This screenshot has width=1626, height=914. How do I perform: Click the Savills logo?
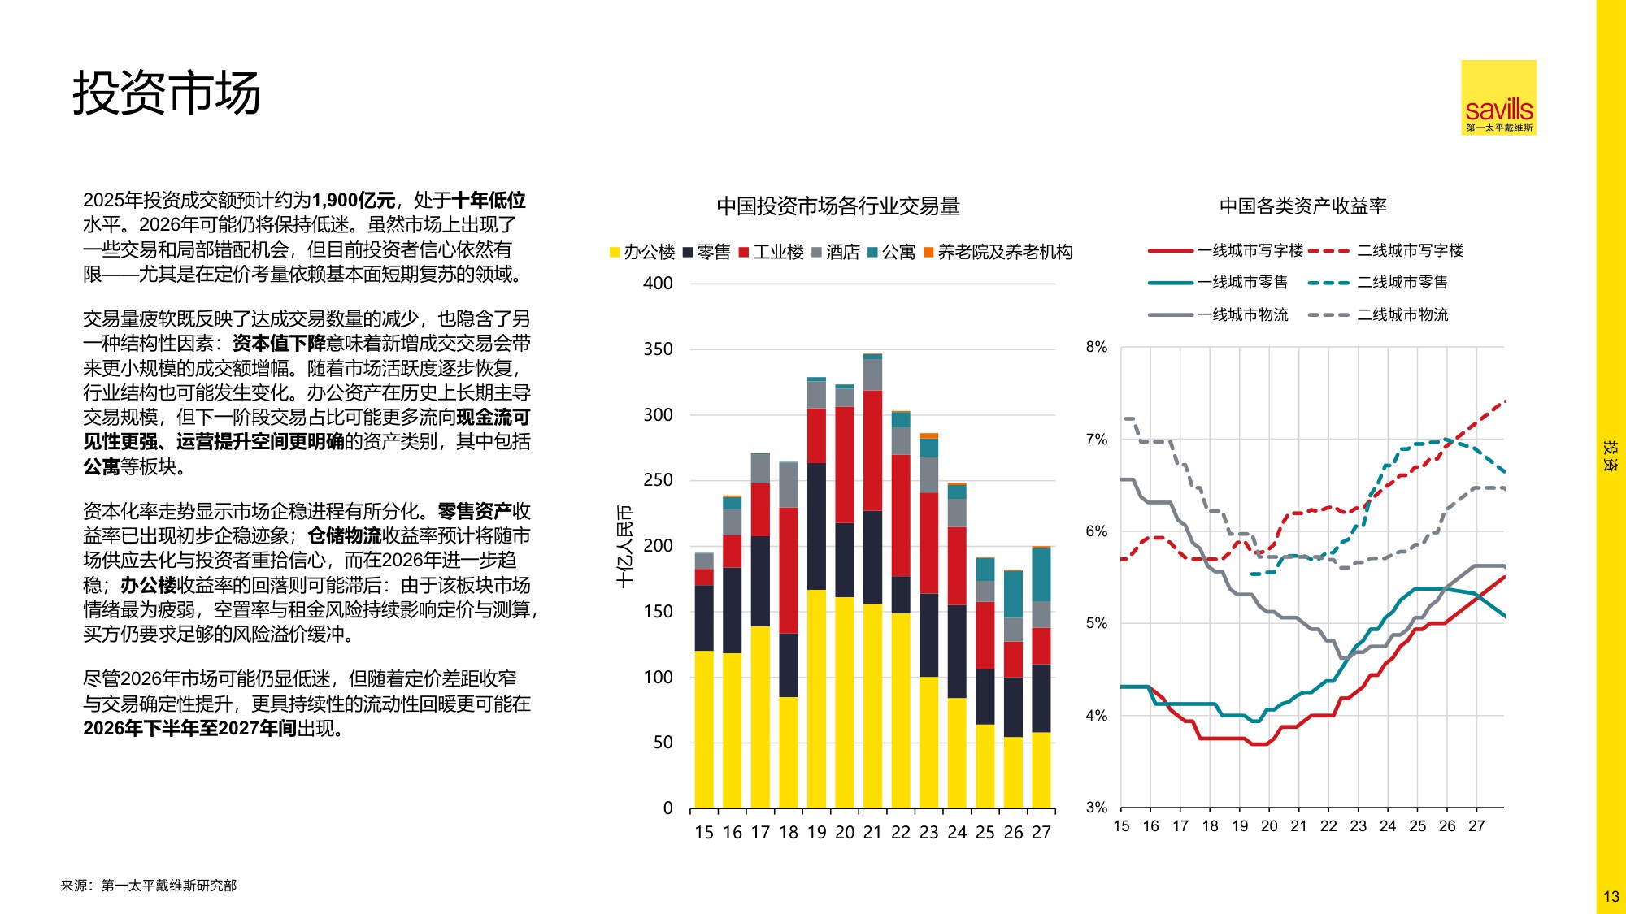(1498, 97)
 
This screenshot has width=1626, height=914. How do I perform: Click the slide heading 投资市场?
(167, 93)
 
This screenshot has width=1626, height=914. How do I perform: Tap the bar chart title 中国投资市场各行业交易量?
(838, 206)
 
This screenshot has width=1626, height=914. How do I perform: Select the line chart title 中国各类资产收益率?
(1302, 206)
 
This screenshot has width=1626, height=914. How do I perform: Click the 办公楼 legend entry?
(642, 252)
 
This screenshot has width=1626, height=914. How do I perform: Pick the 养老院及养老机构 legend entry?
(998, 252)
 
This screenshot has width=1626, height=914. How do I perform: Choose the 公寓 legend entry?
(892, 252)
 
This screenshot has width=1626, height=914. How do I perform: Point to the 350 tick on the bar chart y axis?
(658, 349)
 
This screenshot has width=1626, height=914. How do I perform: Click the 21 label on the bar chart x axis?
(872, 832)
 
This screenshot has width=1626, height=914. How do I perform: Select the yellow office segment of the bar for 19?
(816, 699)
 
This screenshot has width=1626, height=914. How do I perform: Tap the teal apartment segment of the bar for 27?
(1041, 574)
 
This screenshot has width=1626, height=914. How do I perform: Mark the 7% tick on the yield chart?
(1096, 440)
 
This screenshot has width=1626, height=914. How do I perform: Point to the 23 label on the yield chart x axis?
(1358, 826)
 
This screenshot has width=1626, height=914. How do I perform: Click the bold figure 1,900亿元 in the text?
(353, 200)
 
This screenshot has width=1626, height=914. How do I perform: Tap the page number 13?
(1611, 897)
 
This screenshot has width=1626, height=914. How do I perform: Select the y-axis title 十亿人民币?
(624, 546)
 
